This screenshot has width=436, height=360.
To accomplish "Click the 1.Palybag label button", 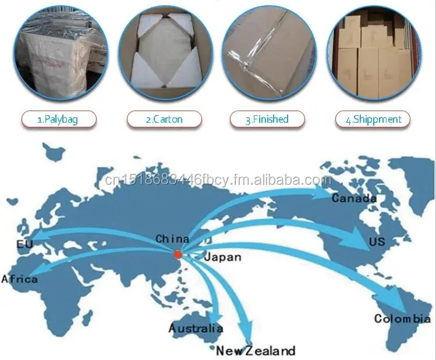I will (x=58, y=119).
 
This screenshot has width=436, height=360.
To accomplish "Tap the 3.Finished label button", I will (x=267, y=119).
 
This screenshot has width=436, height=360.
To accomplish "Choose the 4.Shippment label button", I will (x=373, y=119).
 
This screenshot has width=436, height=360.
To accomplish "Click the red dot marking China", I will (x=178, y=253).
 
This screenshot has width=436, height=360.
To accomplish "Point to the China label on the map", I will (x=172, y=239).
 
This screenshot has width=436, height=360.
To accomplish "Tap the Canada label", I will (x=354, y=198).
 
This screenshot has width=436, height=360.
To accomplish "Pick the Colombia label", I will (x=402, y=318).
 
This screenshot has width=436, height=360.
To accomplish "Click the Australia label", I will (x=196, y=329).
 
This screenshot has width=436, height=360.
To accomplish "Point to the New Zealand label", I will (x=256, y=351).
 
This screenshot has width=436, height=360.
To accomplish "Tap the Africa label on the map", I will (x=20, y=280).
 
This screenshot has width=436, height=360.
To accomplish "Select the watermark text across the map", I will (x=219, y=180).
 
